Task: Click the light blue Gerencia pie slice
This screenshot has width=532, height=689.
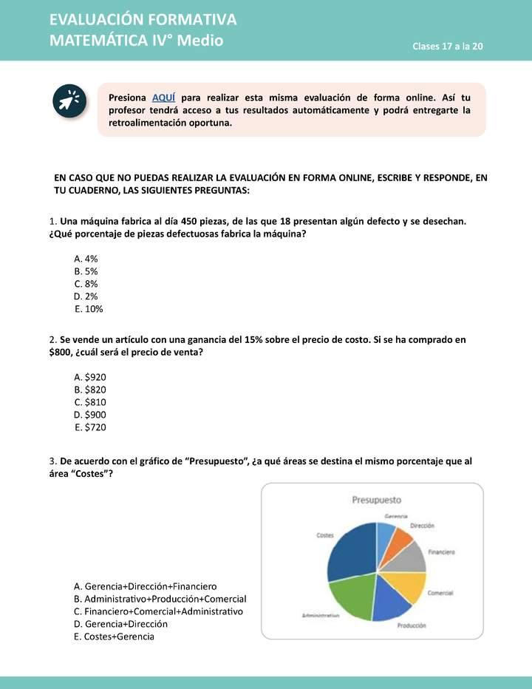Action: [x=385, y=532]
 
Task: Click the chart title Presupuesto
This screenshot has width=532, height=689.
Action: [x=376, y=500]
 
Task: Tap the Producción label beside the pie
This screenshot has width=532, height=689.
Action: [x=412, y=625]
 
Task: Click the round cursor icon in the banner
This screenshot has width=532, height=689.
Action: [x=70, y=101]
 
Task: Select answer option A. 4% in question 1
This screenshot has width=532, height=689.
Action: [x=86, y=259]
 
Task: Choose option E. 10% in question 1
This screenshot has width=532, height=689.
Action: [x=89, y=309]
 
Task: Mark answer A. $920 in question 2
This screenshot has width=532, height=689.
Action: [x=90, y=376]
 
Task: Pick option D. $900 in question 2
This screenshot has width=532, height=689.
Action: [x=90, y=415]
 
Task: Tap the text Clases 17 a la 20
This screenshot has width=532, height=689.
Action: [x=448, y=47]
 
